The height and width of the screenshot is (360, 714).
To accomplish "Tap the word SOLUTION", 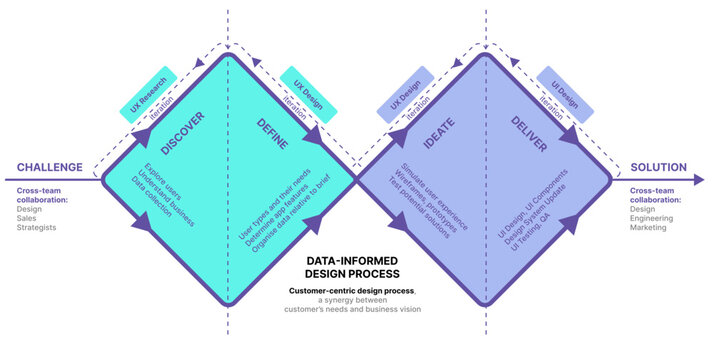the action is tap(658, 167).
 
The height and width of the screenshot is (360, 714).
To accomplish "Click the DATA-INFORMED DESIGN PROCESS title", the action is tap(352, 266).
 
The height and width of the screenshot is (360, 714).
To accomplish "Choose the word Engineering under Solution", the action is tap(654, 217).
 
